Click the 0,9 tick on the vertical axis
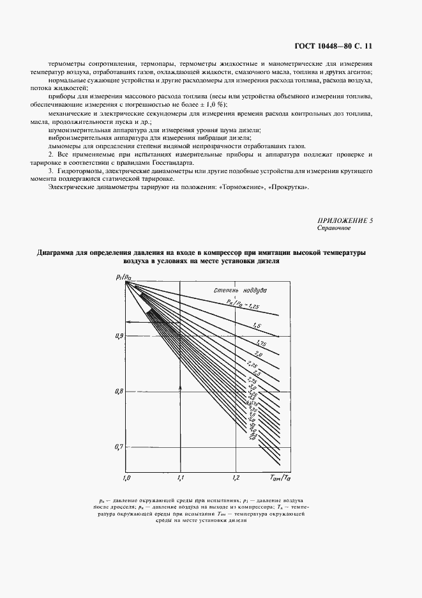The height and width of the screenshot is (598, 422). click(x=119, y=335)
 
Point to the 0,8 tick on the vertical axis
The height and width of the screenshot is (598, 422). click(x=119, y=391)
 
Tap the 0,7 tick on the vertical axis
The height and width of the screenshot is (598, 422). click(x=119, y=447)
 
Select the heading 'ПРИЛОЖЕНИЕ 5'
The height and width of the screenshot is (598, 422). click(x=345, y=220)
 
